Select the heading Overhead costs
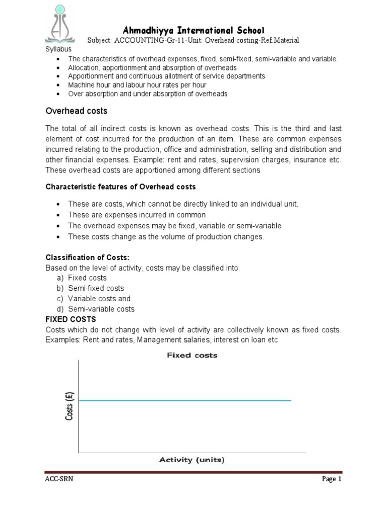pos(77,111)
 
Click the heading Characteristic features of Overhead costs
pos(121,187)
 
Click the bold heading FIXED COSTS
pos(71,319)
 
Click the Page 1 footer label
pos(332,479)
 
